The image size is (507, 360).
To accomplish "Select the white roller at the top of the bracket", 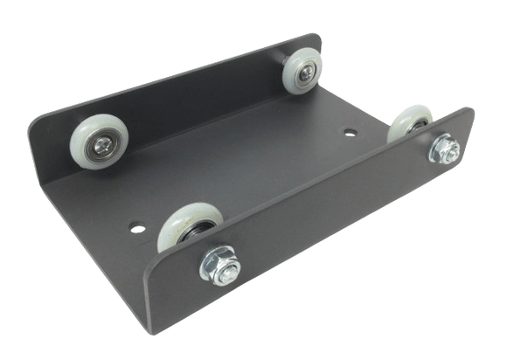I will pyautogui.click(x=303, y=71).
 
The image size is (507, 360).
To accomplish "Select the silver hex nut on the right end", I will pyautogui.click(x=446, y=150).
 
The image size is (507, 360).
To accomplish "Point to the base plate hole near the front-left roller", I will pyautogui.click(x=137, y=227).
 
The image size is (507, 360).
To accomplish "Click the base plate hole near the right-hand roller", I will pyautogui.click(x=350, y=135).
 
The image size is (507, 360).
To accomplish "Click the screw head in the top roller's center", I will pyautogui.click(x=304, y=73).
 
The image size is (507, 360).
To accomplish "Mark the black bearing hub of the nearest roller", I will pyautogui.click(x=198, y=230).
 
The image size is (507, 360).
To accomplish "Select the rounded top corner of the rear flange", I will pyautogui.click(x=312, y=39).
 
